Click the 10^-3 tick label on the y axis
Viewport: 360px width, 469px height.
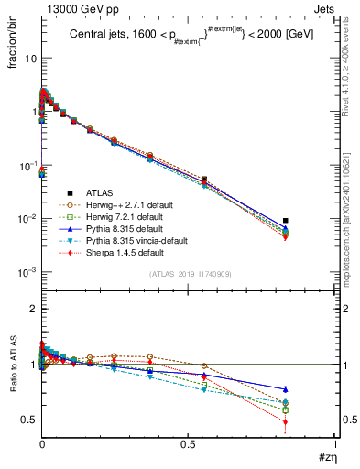[25, 273]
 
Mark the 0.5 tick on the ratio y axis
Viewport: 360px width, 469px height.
[27, 420]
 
